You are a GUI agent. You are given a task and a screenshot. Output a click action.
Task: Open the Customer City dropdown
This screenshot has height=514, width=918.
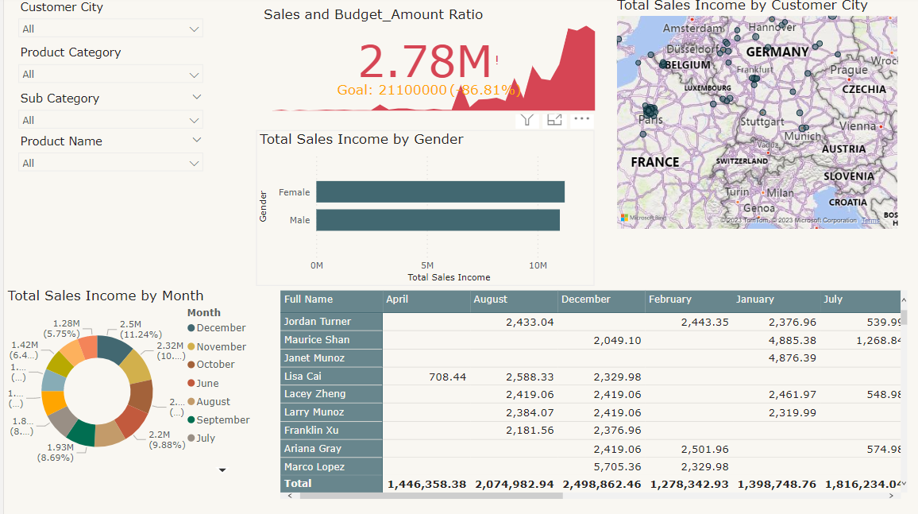[110, 29]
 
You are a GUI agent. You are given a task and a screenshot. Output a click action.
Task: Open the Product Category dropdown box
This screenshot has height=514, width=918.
[110, 74]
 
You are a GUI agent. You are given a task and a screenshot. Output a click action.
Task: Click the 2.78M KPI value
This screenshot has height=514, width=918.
[425, 61]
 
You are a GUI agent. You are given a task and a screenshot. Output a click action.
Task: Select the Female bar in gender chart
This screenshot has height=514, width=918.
[440, 192]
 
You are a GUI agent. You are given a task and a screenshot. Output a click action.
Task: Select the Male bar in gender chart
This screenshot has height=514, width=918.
[438, 220]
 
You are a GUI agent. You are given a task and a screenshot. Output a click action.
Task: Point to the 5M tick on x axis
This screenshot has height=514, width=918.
[427, 265]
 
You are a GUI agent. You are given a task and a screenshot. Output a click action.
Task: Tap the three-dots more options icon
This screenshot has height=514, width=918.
[582, 119]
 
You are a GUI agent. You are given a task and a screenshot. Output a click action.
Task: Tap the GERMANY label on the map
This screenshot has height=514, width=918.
[777, 52]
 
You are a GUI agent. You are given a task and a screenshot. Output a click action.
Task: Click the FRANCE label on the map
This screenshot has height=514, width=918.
[654, 162]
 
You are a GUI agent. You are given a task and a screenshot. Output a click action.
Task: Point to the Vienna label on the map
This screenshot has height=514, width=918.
[857, 126]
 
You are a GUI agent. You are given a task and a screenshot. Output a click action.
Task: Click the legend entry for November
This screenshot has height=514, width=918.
[221, 346]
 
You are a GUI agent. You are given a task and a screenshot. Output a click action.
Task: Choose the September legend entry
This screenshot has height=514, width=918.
[222, 419]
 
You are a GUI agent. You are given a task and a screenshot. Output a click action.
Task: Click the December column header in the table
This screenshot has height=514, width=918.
[585, 300]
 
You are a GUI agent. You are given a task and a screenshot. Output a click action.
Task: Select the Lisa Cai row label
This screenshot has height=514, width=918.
[303, 376]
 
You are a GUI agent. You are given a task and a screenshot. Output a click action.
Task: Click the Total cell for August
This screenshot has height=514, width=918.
[514, 484]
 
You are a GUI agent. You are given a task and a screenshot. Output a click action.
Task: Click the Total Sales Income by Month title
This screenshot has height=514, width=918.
[106, 296]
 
